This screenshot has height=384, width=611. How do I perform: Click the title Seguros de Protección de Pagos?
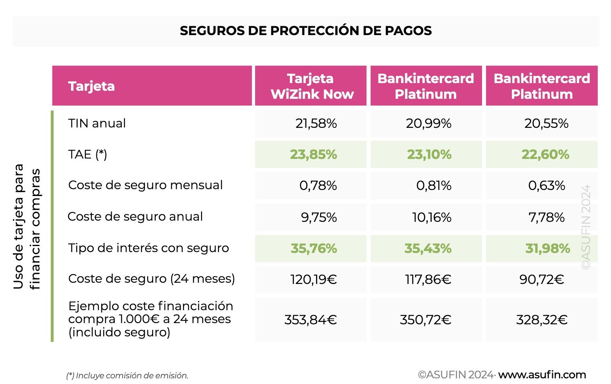pyautogui.click(x=305, y=31)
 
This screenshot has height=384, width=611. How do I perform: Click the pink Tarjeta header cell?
pyautogui.click(x=152, y=86)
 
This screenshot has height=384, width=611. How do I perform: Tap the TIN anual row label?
pyautogui.click(x=97, y=123)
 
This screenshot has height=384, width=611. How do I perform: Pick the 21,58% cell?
pyautogui.click(x=316, y=123)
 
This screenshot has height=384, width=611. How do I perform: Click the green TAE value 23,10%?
pyautogui.click(x=429, y=154)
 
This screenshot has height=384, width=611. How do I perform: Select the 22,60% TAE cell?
pyautogui.click(x=545, y=154)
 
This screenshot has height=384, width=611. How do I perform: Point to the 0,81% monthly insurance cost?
pyautogui.click(x=434, y=186)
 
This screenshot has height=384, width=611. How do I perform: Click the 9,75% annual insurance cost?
pyautogui.click(x=318, y=217)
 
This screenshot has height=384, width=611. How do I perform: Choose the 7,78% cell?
pyautogui.click(x=546, y=217)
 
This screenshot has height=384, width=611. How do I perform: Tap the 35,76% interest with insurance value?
pyautogui.click(x=314, y=248)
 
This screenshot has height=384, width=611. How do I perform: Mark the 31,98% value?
pyautogui.click(x=547, y=248)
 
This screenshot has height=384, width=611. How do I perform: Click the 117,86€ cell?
pyautogui.click(x=428, y=279)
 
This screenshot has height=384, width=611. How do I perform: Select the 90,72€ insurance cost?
pyautogui.click(x=541, y=279)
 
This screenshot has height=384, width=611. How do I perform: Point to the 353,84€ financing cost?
pyautogui.click(x=310, y=320)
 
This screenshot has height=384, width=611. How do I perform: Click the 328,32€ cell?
pyautogui.click(x=542, y=320)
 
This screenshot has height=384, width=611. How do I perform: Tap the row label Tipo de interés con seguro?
pyautogui.click(x=148, y=248)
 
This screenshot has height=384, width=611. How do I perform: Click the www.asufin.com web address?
pyautogui.click(x=542, y=375)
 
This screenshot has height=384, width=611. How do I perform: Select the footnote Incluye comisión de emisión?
pyautogui.click(x=127, y=376)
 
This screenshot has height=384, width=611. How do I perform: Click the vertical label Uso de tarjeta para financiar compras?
pyautogui.click(x=27, y=227)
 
